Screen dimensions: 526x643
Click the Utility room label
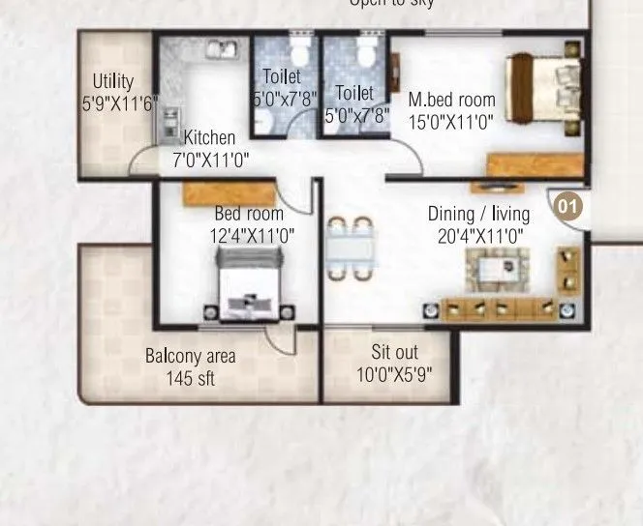pyautogui.click(x=113, y=81)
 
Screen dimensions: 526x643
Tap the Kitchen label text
pyautogui.click(x=209, y=138)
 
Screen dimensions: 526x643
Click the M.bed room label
pyautogui.click(x=451, y=100)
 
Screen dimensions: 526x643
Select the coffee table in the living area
pyautogui.click(x=498, y=267)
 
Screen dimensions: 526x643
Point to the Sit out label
pyautogui.click(x=392, y=353)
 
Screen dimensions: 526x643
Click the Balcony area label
pyautogui.click(x=191, y=357)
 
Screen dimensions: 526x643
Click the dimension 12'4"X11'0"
pyautogui.click(x=252, y=235)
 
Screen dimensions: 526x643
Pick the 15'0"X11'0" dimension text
pyautogui.click(x=451, y=123)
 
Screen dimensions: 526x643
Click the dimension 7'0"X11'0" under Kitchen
pyautogui.click(x=211, y=161)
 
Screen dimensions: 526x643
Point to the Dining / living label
pyautogui.click(x=479, y=214)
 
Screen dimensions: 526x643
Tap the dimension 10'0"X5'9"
pyautogui.click(x=392, y=375)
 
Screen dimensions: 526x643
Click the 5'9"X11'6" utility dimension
pyautogui.click(x=119, y=103)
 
